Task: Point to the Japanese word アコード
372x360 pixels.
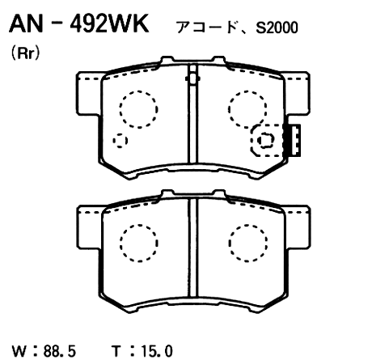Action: pos(202,28)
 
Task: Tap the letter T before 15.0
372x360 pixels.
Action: pos(118,350)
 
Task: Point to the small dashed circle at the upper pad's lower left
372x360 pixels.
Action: pos(120,141)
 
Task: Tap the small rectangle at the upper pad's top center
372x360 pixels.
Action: pos(192,78)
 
